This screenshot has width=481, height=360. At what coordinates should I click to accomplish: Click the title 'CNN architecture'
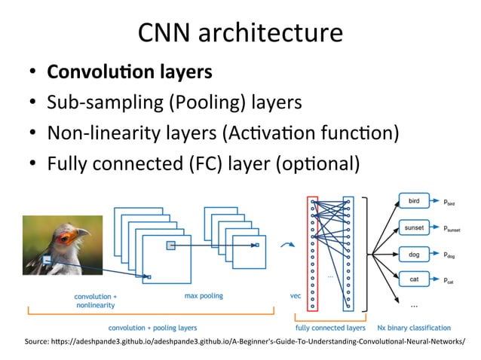(x=240, y=33)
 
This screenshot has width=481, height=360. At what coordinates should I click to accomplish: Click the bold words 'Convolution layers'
(x=129, y=72)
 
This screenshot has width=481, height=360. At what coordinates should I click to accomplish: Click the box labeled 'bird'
(x=415, y=201)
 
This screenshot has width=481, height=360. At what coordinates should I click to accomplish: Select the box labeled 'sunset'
(x=415, y=227)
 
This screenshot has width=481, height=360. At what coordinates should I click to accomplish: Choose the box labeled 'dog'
(x=415, y=254)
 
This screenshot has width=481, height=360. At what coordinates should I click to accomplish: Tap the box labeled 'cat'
(x=415, y=279)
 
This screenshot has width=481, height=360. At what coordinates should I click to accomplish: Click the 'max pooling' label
(x=204, y=296)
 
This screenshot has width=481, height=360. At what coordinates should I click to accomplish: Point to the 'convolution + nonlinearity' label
(x=95, y=301)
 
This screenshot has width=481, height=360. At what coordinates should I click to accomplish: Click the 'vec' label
(x=296, y=296)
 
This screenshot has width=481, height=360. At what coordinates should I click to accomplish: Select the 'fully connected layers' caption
(x=329, y=328)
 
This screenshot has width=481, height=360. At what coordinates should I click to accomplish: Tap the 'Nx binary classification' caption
(x=414, y=328)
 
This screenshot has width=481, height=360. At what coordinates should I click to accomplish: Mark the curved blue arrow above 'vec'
(x=286, y=245)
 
